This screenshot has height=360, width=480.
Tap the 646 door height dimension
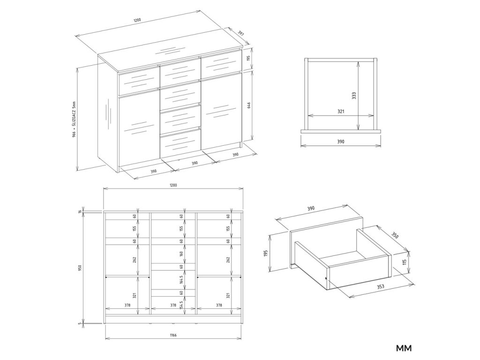pyautogui.click(x=249, y=105)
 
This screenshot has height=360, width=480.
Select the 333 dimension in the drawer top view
pyautogui.click(x=353, y=96)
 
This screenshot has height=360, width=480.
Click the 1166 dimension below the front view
pyautogui.click(x=173, y=335)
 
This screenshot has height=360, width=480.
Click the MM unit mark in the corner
pyautogui.click(x=404, y=348)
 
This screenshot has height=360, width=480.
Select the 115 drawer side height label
pyautogui.click(x=405, y=262)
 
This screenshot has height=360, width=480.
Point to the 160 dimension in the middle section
pyautogui.click(x=181, y=254)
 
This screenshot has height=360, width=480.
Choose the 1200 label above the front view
pyautogui.click(x=173, y=185)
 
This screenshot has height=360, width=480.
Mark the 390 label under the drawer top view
pyautogui.click(x=341, y=142)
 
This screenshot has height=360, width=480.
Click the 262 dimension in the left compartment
pyautogui.click(x=135, y=260)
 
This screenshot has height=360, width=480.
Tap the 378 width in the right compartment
pyautogui.click(x=219, y=305)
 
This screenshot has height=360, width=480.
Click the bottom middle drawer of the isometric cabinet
pyautogui.click(x=180, y=142)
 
